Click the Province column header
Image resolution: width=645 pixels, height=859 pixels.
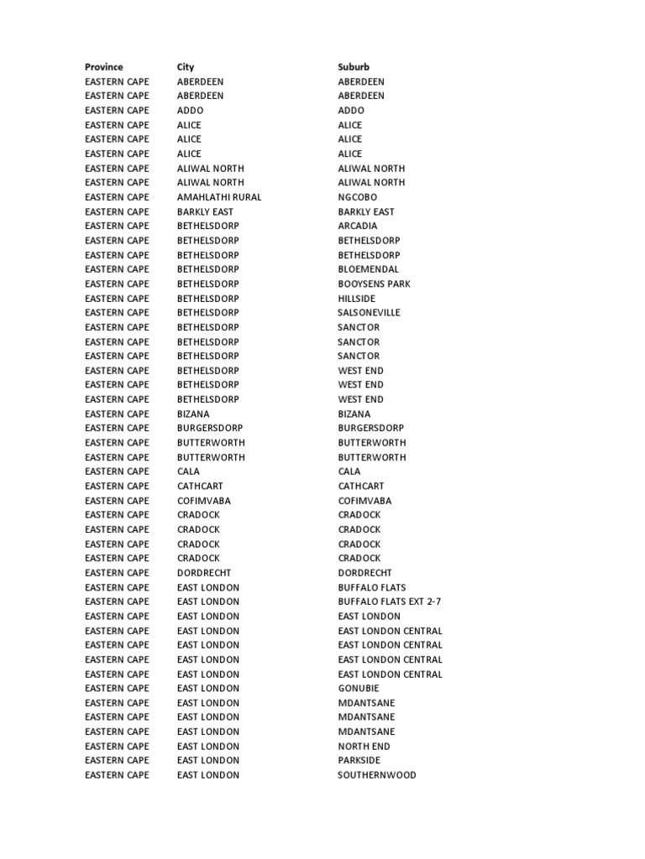(103, 67)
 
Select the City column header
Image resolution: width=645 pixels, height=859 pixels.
(185, 67)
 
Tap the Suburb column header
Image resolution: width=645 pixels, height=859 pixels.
(354, 67)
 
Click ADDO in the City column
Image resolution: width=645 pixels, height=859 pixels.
(190, 111)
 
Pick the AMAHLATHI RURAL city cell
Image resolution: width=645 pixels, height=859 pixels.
(219, 197)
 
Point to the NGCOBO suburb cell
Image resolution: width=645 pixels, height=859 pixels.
(357, 197)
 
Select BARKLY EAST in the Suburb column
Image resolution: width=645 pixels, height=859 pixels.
(366, 212)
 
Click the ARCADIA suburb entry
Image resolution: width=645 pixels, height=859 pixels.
(358, 226)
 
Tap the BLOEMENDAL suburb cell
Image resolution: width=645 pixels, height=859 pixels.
(369, 269)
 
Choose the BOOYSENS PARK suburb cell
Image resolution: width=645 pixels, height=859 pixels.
(375, 284)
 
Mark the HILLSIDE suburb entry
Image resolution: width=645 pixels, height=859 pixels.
(357, 299)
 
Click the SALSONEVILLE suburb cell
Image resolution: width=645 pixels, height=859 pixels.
(370, 313)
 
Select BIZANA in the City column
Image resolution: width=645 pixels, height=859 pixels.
(193, 414)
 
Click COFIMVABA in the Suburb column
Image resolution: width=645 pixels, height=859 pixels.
(364, 501)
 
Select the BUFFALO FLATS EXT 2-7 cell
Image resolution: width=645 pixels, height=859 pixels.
(389, 601)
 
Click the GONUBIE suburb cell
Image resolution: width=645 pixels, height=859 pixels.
(359, 689)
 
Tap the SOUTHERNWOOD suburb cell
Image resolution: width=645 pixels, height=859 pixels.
(377, 775)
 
